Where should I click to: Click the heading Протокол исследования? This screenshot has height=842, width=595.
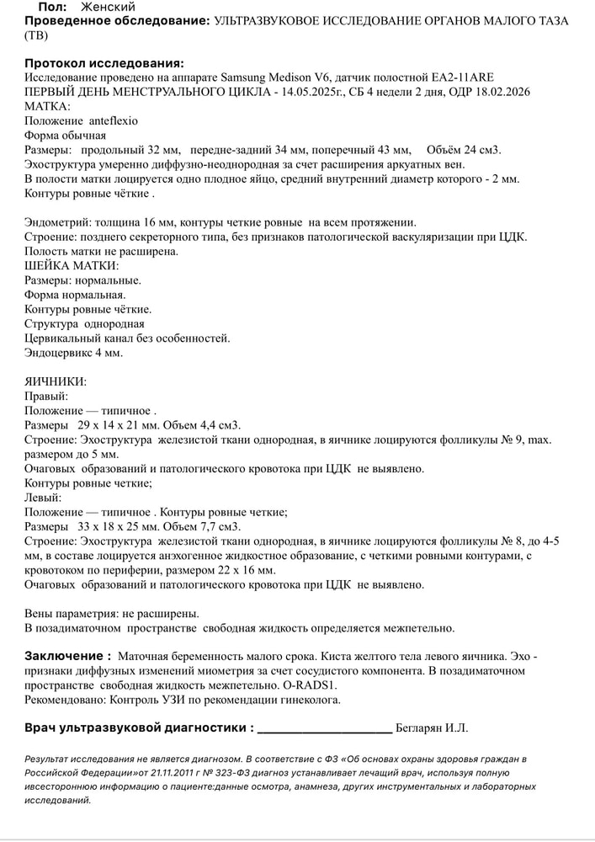pyautogui.click(x=104, y=63)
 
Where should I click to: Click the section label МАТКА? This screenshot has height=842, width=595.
pyautogui.click(x=48, y=106)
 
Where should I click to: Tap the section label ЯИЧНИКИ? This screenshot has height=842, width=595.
pyautogui.click(x=56, y=381)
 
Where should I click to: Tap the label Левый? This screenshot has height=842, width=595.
pyautogui.click(x=44, y=498)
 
